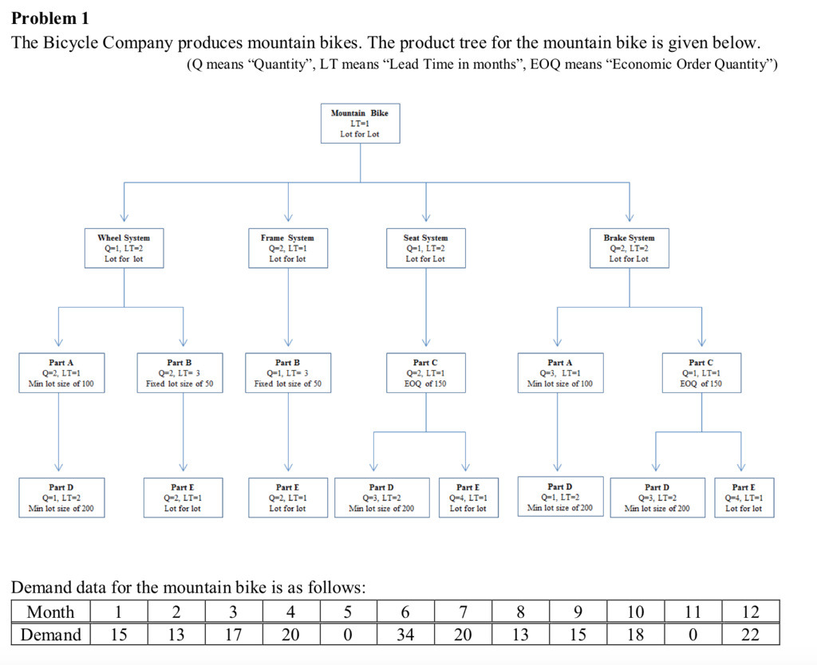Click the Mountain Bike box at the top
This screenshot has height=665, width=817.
pos(360,124)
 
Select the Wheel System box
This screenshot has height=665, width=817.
pos(124,248)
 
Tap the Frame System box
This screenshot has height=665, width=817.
pos(287,248)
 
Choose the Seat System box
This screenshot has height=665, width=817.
pos(425,248)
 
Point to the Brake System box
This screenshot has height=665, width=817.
pos(629,248)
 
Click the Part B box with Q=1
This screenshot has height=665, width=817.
pos(287,373)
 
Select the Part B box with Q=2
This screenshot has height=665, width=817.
pos(180,373)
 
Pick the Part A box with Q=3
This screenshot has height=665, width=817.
pos(559,373)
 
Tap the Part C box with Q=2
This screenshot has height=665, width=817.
pos(425,373)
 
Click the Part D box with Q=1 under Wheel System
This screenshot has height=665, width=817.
pos(61,498)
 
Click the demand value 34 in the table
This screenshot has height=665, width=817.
pos(405,635)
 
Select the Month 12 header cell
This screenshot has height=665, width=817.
pos(750,612)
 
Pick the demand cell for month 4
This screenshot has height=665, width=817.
pos(290,635)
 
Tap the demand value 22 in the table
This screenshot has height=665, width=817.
pos(750,635)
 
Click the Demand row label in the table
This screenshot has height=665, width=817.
pos(50,635)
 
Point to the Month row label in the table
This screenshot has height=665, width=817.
pos(50,612)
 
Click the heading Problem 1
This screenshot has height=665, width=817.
pos(50,18)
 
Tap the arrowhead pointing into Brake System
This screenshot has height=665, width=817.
pos(629,219)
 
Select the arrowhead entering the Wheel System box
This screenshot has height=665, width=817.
pos(124,219)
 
